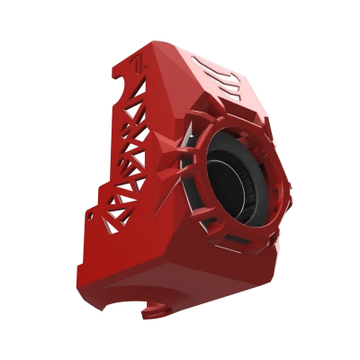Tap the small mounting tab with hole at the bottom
[x=154, y=311]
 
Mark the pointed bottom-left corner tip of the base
[x=77, y=265]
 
